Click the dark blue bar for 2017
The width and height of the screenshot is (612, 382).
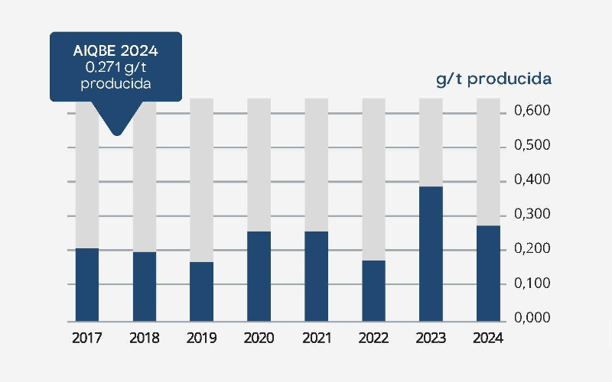pos(87,284)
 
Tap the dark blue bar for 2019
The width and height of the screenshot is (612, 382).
pos(202,291)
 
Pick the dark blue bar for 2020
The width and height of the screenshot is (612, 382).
pos(259,276)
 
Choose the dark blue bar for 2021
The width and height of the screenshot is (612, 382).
pos(317,276)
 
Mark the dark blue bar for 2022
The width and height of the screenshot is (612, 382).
pos(373,290)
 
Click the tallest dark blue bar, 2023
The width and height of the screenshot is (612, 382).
pos(431,254)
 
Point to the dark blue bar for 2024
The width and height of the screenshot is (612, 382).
pos(488,273)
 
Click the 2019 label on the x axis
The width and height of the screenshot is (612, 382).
pos(202,338)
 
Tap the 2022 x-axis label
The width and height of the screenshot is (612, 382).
pos(373,338)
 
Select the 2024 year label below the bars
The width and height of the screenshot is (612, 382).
pos(488,338)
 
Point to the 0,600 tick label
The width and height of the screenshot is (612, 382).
pos(532,112)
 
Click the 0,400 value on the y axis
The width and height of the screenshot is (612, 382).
pos(532,180)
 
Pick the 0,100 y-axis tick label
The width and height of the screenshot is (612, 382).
pos(532,283)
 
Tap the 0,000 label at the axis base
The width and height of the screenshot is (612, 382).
pos(532,318)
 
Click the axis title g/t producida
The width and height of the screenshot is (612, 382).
pos(494,79)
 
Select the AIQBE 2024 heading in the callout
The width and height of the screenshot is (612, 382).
pos(116,52)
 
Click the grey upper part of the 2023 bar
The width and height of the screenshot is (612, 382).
pos(431,142)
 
